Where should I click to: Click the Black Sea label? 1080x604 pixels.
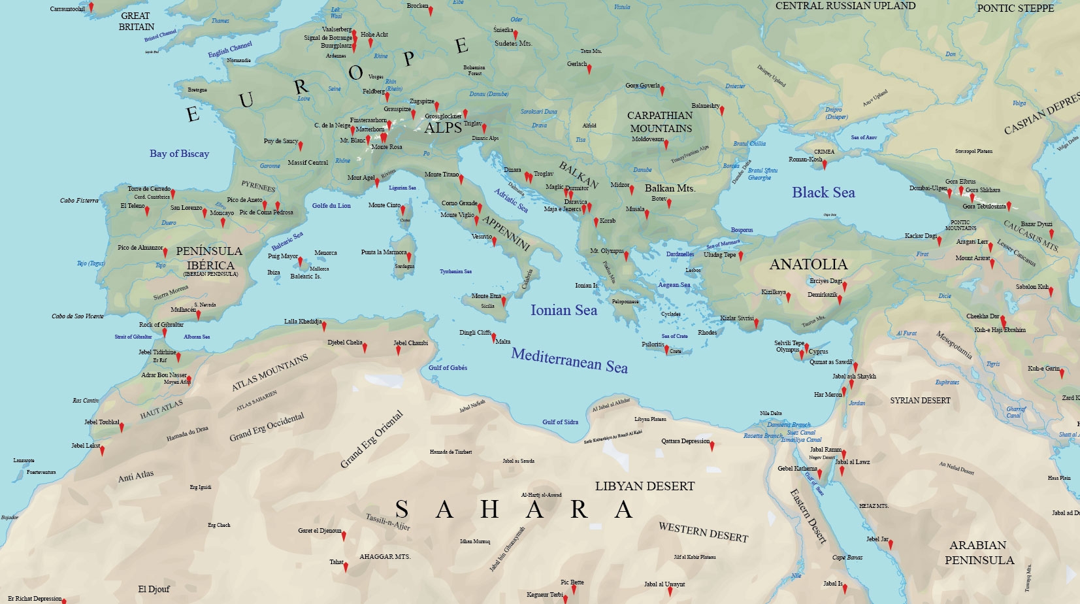coord(823,193)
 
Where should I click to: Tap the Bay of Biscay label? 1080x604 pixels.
coord(179,154)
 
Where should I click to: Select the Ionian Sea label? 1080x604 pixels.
coord(563,310)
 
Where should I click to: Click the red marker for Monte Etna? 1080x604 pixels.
coord(504,301)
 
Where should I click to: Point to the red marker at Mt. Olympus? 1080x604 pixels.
coord(626,255)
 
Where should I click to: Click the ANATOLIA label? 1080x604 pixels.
coord(808,264)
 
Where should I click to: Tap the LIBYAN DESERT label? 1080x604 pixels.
coord(644,486)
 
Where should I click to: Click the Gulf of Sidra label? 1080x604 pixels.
coord(560,422)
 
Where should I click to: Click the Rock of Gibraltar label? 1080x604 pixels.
coord(161,325)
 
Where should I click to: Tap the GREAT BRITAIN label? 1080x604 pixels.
coord(136,21)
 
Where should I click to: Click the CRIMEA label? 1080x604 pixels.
coord(824,152)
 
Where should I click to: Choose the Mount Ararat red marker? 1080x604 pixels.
coord(992,263)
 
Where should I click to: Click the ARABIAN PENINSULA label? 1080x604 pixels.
coord(979,552)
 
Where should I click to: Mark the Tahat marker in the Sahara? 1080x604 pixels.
coord(346,566)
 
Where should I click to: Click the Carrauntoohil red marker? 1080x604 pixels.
coord(91,7)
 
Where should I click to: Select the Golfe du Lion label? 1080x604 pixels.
coord(331,206)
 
